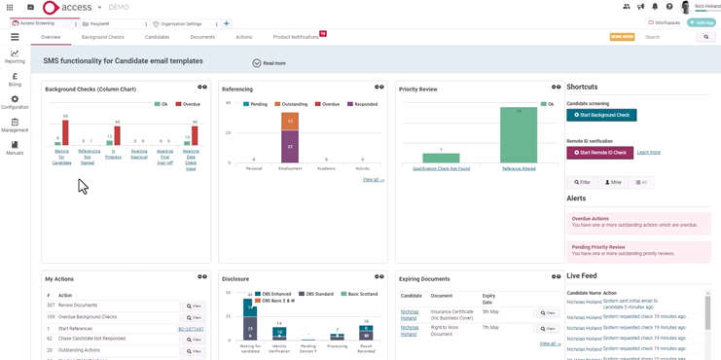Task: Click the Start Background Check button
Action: [x=601, y=115]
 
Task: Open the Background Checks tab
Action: [x=102, y=37]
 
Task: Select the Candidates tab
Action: [x=157, y=37]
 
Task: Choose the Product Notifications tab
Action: [x=296, y=37]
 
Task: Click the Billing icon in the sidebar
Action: [x=15, y=79]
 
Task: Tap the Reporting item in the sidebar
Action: [x=15, y=56]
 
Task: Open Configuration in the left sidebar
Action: [x=15, y=102]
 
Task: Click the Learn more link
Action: [x=648, y=152]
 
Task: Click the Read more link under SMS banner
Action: [x=270, y=63]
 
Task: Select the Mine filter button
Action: [x=613, y=182]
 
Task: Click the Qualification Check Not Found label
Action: [x=441, y=168]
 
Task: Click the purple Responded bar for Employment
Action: [x=290, y=145]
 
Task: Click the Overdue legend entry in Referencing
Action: [x=328, y=104]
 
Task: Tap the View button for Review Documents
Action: [x=194, y=306]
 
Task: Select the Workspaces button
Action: [x=665, y=22]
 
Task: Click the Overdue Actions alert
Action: [x=638, y=222]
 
